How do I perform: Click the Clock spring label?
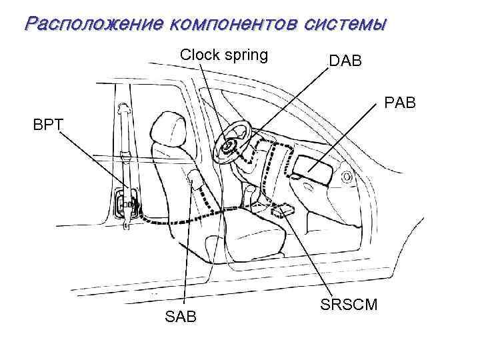[224, 55]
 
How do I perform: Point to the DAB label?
[345, 61]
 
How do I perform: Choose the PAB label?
[399, 103]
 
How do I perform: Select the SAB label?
[180, 316]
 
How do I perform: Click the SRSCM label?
[349, 305]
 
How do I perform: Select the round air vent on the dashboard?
[347, 177]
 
